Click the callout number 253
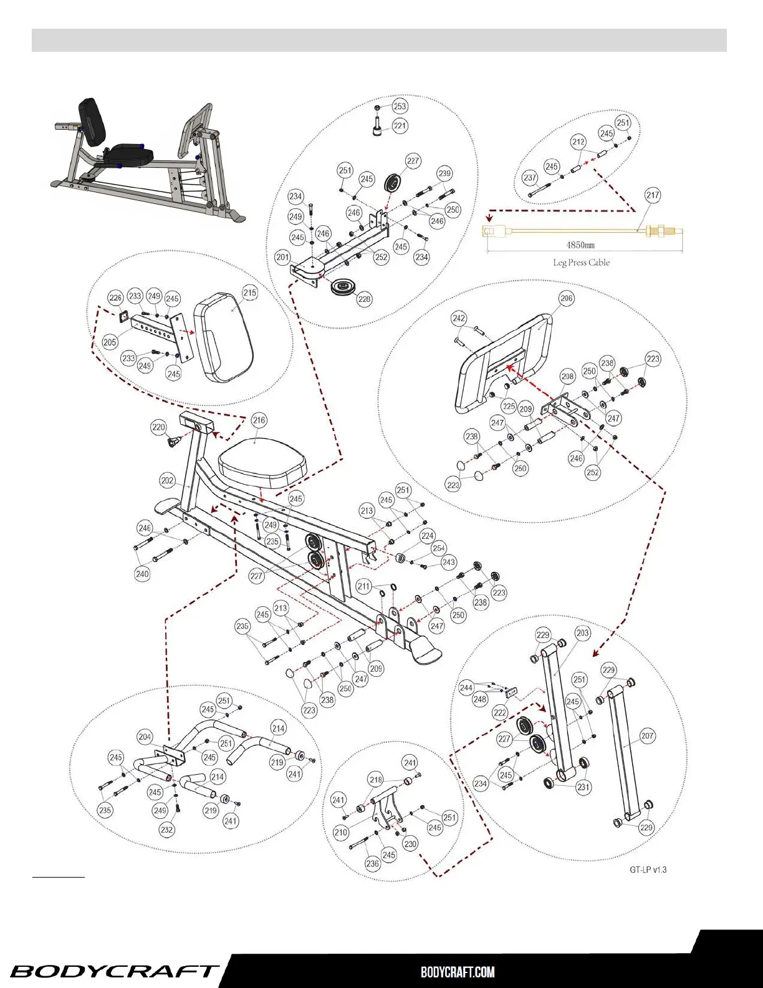(x=400, y=106)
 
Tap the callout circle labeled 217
(x=653, y=195)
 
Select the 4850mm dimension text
(x=580, y=245)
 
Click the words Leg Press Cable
(x=581, y=263)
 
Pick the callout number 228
(x=364, y=299)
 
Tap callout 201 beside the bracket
(x=282, y=257)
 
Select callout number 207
(x=648, y=736)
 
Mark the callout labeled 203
(x=582, y=632)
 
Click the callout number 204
(x=145, y=737)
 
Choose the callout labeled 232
(x=166, y=830)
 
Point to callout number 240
(x=142, y=574)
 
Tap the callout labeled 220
(x=158, y=427)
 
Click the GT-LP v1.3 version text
(x=648, y=869)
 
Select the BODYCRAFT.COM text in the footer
(x=458, y=972)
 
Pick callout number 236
(x=372, y=864)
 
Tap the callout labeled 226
(x=115, y=298)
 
